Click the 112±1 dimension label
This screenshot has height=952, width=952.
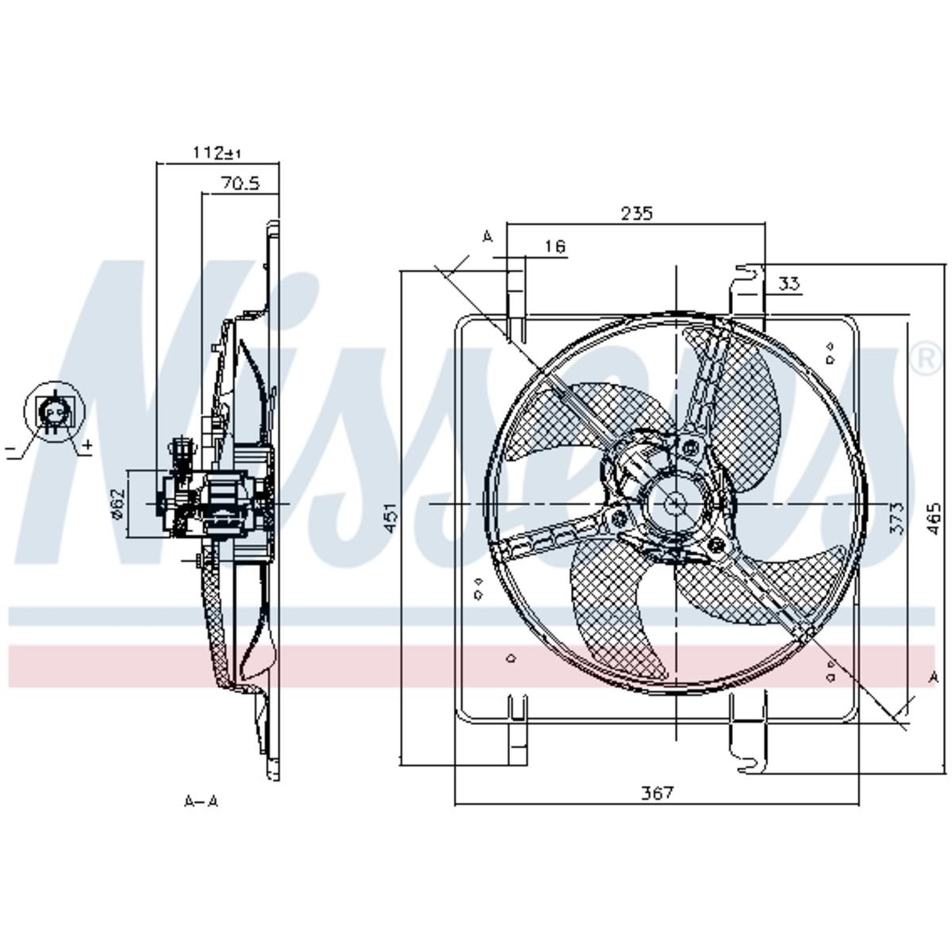point(217,152)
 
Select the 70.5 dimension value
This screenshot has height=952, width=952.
point(240,184)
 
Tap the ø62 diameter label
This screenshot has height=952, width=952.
point(117,504)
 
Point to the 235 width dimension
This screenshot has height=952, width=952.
point(637,213)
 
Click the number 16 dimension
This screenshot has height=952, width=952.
point(556,246)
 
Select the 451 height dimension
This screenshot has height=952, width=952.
point(390,518)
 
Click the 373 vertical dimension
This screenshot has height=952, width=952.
point(896,518)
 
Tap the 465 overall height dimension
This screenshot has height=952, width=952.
point(933,518)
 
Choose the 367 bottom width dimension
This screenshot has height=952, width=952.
point(657,793)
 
